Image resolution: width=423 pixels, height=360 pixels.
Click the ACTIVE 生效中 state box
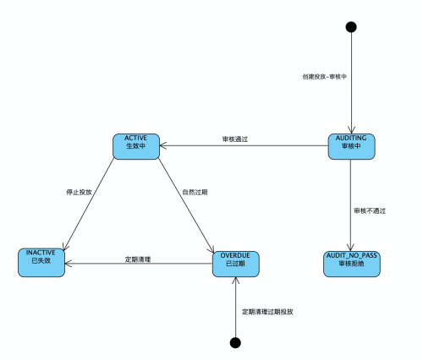tap(136, 146)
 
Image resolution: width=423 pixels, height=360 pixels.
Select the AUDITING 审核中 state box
tap(351, 146)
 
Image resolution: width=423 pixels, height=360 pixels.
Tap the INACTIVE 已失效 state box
tap(41, 263)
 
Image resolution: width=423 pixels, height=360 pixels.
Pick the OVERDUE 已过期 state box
tap(236, 264)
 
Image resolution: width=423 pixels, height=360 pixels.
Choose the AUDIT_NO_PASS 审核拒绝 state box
tap(352, 264)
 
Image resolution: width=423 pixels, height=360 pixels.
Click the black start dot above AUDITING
tap(351, 27)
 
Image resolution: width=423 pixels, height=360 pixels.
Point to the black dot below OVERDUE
tap(235, 343)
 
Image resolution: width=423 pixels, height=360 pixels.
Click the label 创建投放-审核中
tap(324, 77)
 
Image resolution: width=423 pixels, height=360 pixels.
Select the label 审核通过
tap(235, 139)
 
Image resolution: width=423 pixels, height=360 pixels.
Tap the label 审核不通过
tap(370, 210)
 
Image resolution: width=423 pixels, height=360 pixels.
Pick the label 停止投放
tap(79, 192)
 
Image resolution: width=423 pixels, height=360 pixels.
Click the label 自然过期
tap(195, 192)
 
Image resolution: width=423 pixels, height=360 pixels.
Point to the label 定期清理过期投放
tap(267, 312)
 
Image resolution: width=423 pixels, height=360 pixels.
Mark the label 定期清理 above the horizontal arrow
tap(138, 259)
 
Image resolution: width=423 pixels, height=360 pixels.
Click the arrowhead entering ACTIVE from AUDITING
tap(162, 145)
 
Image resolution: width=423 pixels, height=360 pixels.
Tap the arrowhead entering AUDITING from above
tap(351, 130)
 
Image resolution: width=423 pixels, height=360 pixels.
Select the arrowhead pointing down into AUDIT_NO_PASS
tap(350, 248)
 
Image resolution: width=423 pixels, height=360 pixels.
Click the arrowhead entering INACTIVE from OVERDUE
tap(69, 264)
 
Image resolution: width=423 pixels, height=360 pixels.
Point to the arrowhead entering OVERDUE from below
tap(235, 281)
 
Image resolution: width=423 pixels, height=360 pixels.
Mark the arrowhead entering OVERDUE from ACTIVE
tap(211, 249)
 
